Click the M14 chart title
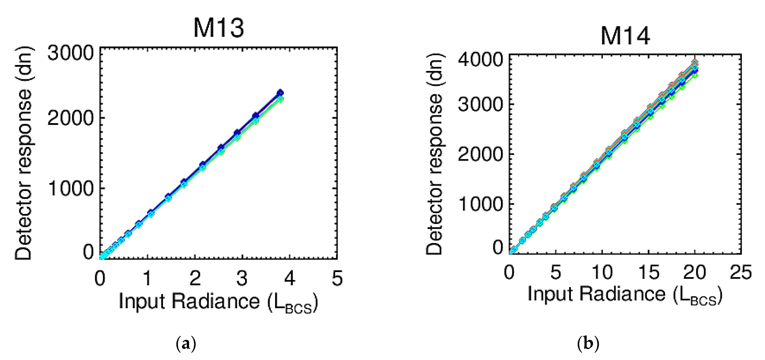(625, 36)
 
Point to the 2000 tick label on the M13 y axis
(71, 118)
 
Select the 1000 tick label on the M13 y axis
(71, 188)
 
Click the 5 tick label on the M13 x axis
(337, 278)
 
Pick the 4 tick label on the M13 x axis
(290, 278)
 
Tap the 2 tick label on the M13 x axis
(195, 278)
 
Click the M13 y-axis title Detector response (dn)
(24, 153)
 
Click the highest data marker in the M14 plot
(695, 63)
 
